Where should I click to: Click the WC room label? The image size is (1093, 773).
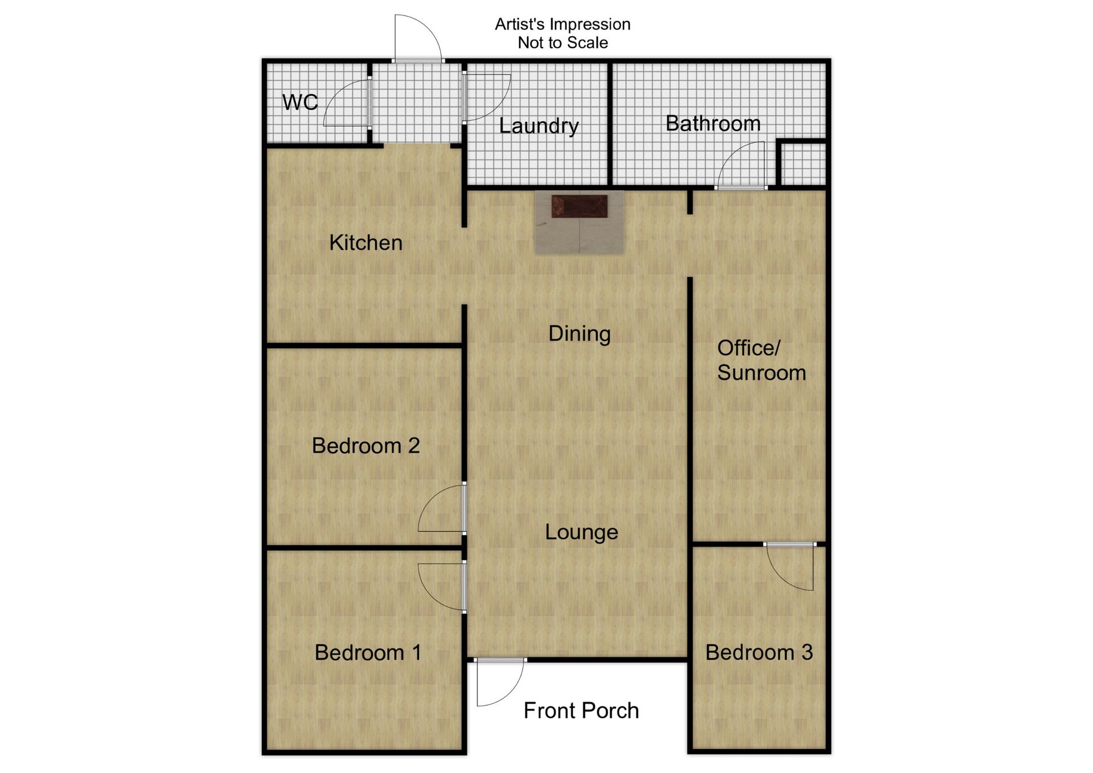pos(300,102)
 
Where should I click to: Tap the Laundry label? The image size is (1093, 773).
pos(539,126)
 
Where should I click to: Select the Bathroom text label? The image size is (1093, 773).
pos(713,123)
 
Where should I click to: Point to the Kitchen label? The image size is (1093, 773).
pos(365,242)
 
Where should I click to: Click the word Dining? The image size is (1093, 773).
pos(580,334)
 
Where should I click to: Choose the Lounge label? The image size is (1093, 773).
pos(581,532)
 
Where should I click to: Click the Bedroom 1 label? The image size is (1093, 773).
pos(368,652)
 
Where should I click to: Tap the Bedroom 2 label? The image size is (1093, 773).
pos(365,445)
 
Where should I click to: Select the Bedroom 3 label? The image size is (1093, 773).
pos(759,652)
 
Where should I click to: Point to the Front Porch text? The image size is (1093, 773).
pos(581,710)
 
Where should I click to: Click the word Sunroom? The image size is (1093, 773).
pos(761,373)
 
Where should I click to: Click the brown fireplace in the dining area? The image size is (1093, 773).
pos(579,206)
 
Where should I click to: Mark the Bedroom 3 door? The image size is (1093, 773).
pos(790,567)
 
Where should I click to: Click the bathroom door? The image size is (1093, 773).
pos(741,165)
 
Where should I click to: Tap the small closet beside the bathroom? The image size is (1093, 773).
pos(802,164)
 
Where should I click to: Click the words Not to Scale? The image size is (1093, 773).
pos(562,43)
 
